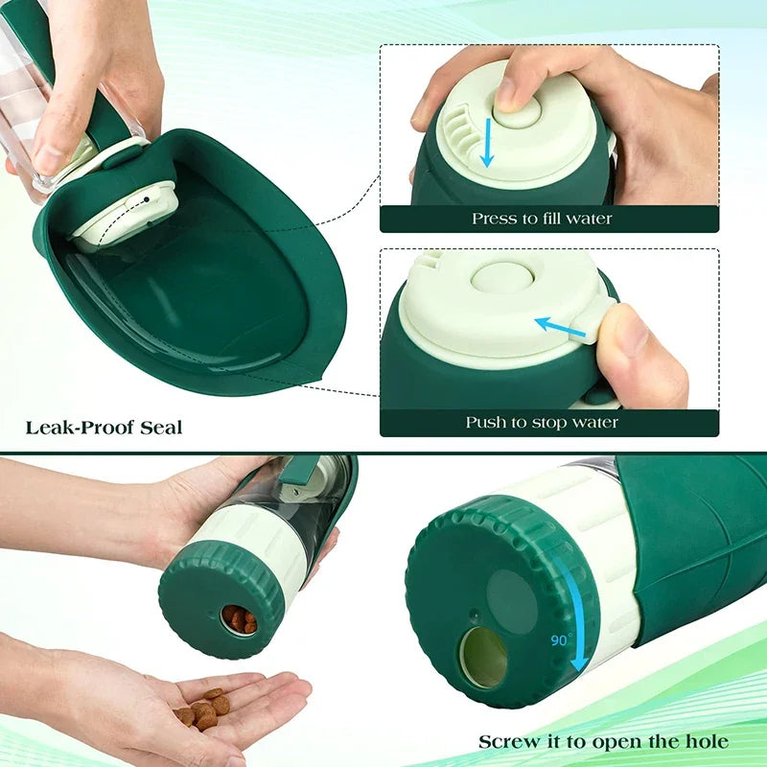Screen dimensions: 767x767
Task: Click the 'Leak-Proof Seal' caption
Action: [x=104, y=426]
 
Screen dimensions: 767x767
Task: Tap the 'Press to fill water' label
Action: [x=541, y=219]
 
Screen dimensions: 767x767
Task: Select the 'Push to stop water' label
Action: [x=542, y=422]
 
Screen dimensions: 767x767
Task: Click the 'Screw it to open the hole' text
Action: [x=603, y=741]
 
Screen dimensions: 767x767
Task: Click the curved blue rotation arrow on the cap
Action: [x=578, y=614]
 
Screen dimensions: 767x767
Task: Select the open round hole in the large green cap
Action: [x=484, y=659]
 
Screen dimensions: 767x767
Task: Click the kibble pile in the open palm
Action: [x=202, y=708]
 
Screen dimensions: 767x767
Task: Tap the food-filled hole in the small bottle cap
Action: [x=239, y=619]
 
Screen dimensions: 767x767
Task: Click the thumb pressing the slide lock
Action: [x=637, y=345]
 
